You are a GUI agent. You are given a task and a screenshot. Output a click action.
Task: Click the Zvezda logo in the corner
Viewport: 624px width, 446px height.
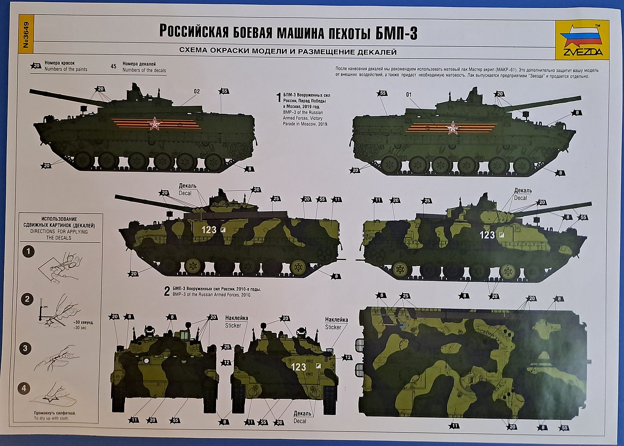click(x=578, y=42)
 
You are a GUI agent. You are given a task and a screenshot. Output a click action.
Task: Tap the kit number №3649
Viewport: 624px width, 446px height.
click(x=26, y=36)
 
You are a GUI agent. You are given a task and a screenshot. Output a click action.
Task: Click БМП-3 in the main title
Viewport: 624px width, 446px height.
click(x=397, y=33)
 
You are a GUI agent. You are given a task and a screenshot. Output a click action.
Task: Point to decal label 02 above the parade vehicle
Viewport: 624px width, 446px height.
click(x=196, y=92)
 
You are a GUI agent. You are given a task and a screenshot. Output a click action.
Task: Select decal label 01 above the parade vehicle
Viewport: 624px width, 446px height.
click(x=409, y=94)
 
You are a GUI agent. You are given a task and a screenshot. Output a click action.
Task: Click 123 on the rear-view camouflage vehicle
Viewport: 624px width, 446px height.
click(x=299, y=367)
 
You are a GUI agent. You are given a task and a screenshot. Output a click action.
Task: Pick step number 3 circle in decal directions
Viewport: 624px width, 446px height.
click(x=25, y=348)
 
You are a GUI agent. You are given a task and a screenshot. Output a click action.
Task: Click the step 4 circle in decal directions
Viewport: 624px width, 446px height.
click(x=25, y=388)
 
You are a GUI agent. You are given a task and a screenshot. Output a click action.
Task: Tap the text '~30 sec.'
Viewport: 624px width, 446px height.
click(x=82, y=328)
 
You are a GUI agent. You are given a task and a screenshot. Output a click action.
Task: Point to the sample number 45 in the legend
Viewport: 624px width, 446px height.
click(x=114, y=66)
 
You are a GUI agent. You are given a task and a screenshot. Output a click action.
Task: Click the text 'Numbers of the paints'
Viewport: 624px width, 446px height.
click(x=66, y=70)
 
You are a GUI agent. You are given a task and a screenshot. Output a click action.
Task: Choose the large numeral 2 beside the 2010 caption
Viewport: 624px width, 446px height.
click(x=167, y=291)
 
